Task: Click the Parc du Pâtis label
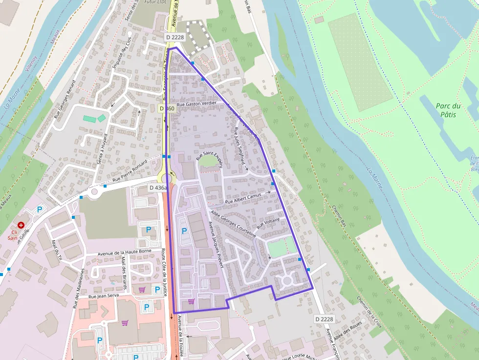(x=448, y=110)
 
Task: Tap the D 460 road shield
(x=167, y=108)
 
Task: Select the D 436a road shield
(x=158, y=188)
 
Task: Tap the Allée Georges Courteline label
(x=233, y=224)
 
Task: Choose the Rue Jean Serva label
(x=104, y=296)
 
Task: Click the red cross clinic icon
(x=21, y=225)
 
